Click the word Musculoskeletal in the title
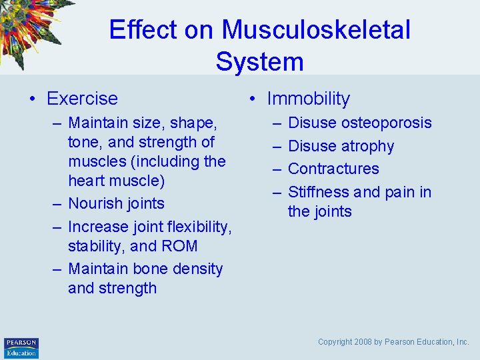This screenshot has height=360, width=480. (316, 30)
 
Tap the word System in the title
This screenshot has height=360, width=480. (259, 62)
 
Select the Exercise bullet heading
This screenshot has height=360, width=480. (82, 99)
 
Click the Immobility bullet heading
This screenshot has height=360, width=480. (308, 99)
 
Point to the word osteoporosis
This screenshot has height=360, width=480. (387, 123)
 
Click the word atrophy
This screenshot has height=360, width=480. (369, 147)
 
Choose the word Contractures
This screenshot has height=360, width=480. (333, 169)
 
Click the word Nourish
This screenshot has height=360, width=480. (97, 204)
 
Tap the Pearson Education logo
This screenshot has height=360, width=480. (21, 347)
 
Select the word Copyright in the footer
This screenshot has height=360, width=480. (335, 342)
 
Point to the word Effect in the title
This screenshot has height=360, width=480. (142, 30)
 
